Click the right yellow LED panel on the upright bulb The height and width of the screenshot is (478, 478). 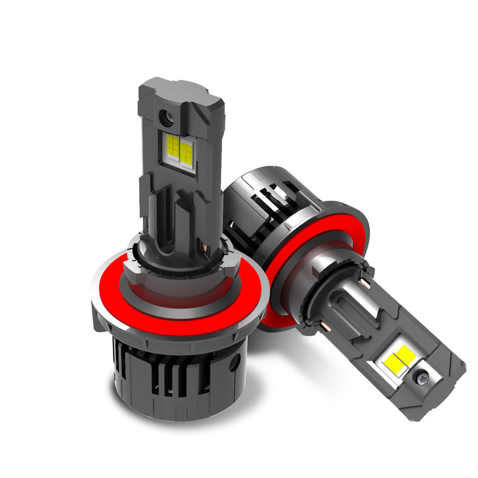click(x=186, y=153)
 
